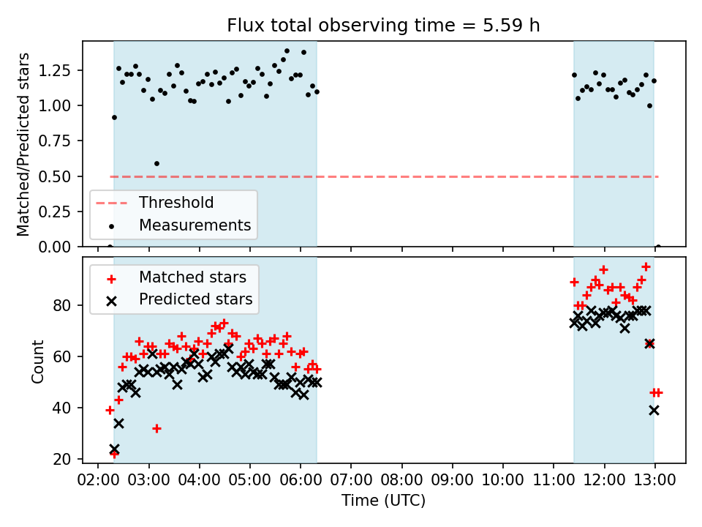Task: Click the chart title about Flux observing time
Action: coord(383,26)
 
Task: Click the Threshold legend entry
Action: coord(176,203)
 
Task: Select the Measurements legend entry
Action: coord(195,225)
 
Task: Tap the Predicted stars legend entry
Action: coord(195,299)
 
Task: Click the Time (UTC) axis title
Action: coord(383,501)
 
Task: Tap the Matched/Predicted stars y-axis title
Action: coord(24,144)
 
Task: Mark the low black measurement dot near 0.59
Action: coord(156,163)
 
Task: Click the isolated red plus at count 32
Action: coord(156,428)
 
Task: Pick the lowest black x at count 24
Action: coord(114,449)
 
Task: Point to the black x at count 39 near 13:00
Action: coord(654,411)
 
